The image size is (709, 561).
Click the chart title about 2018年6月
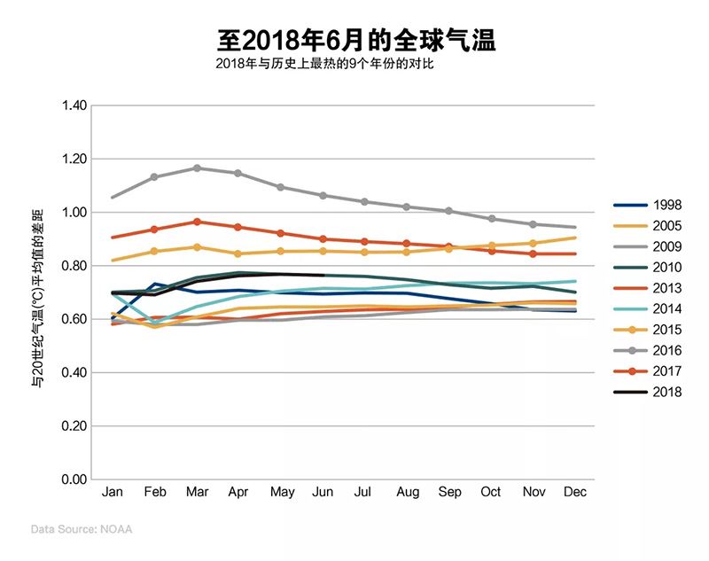(x=355, y=39)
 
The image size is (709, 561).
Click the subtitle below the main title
(x=325, y=65)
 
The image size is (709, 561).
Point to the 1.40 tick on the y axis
(x=74, y=105)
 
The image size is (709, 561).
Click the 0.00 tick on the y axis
(x=74, y=479)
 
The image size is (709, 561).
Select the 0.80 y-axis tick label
(x=74, y=266)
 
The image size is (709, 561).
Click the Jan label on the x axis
(x=113, y=492)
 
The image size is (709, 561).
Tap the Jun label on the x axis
(x=323, y=492)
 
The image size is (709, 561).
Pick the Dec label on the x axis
(x=575, y=492)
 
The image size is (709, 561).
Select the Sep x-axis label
(x=449, y=492)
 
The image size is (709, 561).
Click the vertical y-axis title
(x=38, y=292)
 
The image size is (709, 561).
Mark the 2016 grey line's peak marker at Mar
(x=197, y=168)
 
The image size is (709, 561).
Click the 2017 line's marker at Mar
(x=197, y=222)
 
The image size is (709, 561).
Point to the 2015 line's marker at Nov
(x=534, y=243)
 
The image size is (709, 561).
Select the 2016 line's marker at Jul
(x=365, y=201)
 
